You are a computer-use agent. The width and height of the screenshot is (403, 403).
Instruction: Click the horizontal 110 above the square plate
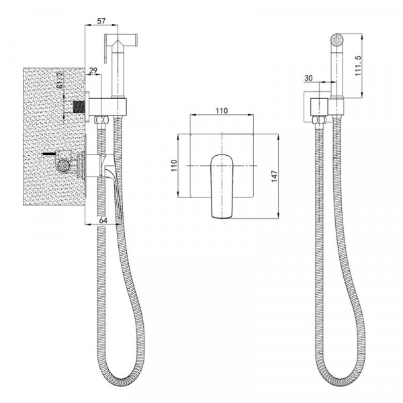point(222,111)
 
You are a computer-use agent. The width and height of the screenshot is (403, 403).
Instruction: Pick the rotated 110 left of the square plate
point(173,165)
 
